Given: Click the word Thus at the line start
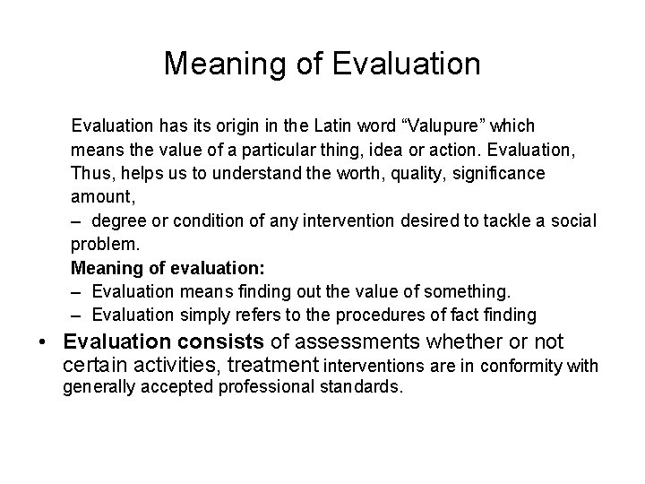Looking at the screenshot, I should (90, 171).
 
